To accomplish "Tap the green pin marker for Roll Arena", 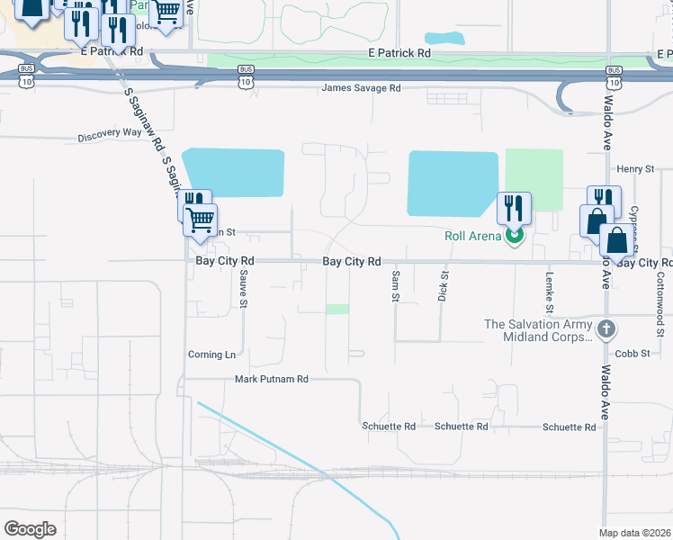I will tap(514, 237).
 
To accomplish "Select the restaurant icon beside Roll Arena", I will tap(514, 209).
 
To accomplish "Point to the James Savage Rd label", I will tap(362, 88).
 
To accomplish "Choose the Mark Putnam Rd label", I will tap(271, 380).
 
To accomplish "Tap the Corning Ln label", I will tap(211, 355).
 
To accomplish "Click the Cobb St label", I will tap(633, 354).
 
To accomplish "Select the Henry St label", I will tap(634, 169).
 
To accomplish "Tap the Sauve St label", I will tap(243, 291).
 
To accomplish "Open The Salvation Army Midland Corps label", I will tap(538, 330).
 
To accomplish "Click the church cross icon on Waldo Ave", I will tap(606, 329).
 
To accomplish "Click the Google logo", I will tap(30, 529).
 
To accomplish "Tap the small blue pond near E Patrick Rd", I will tap(444, 40).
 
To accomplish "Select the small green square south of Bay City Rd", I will tap(337, 309).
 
